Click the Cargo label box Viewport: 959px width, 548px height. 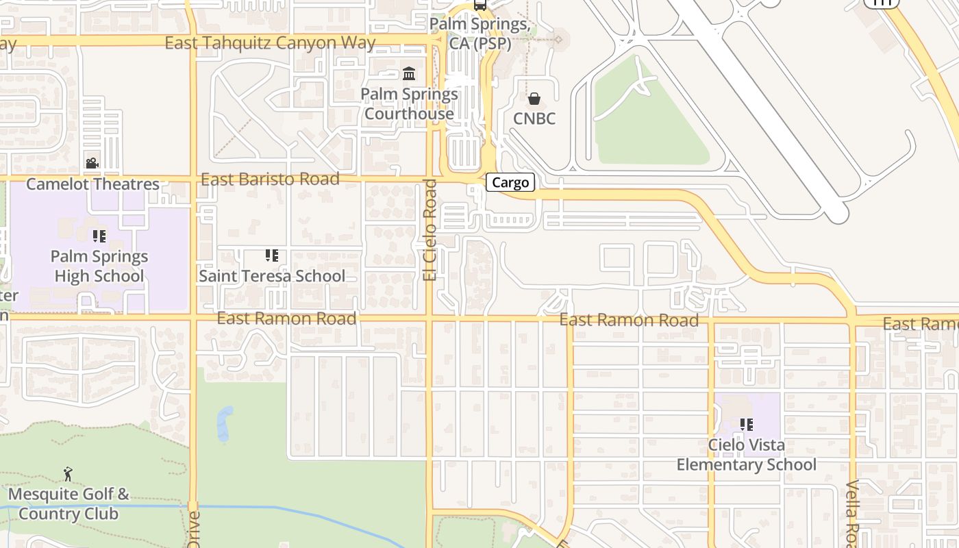[510, 182]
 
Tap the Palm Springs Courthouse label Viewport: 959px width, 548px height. [410, 103]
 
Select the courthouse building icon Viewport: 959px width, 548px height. [409, 73]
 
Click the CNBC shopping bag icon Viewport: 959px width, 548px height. [534, 99]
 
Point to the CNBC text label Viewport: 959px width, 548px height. [534, 119]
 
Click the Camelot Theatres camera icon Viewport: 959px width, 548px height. [92, 163]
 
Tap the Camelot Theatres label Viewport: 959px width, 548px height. [92, 184]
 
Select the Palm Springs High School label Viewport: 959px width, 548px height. [99, 266]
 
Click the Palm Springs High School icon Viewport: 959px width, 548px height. [99, 236]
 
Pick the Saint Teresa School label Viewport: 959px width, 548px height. [272, 276]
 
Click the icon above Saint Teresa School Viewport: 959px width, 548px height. [272, 256]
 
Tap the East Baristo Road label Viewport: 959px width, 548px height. [270, 179]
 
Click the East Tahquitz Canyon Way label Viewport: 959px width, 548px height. [270, 43]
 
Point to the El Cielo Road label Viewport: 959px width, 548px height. [429, 229]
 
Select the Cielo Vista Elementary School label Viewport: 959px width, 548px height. [747, 455]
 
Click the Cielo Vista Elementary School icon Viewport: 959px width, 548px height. [747, 425]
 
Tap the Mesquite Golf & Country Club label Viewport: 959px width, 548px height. [68, 503]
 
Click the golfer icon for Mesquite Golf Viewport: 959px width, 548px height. [68, 474]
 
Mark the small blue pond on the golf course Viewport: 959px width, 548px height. [225, 423]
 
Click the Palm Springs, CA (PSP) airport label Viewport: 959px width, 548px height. [480, 34]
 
